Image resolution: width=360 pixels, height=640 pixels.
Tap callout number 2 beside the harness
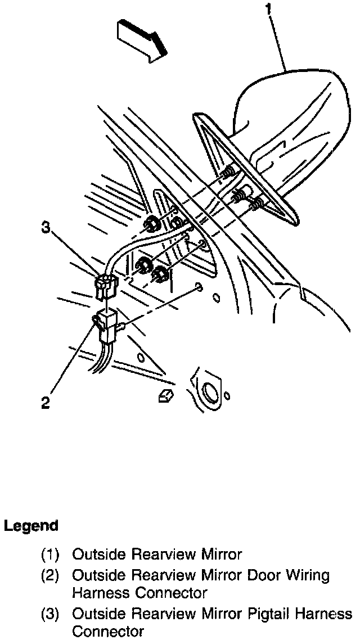pyautogui.click(x=46, y=403)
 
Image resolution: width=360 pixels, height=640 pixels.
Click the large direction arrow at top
pyautogui.click(x=141, y=39)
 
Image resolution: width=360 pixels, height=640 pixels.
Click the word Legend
pyautogui.click(x=31, y=526)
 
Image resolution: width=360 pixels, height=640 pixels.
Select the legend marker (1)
pyautogui.click(x=51, y=555)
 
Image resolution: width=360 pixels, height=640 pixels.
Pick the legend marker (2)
pyautogui.click(x=51, y=575)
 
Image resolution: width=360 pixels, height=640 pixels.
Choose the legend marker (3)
pyautogui.click(x=51, y=614)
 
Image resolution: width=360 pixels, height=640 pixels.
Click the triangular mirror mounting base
pyautogui.click(x=247, y=169)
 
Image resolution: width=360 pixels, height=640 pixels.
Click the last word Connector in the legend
pyautogui.click(x=108, y=632)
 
